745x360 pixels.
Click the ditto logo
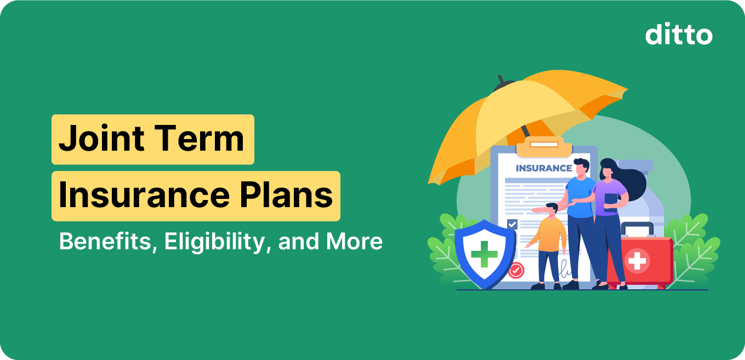pyautogui.click(x=679, y=35)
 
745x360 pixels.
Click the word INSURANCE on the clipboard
pyautogui.click(x=543, y=168)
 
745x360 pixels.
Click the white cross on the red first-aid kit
pyautogui.click(x=637, y=261)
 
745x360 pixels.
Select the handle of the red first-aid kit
pyautogui.click(x=636, y=227)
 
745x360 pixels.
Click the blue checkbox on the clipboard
pyautogui.click(x=512, y=224)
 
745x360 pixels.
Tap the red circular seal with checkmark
pyautogui.click(x=516, y=270)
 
